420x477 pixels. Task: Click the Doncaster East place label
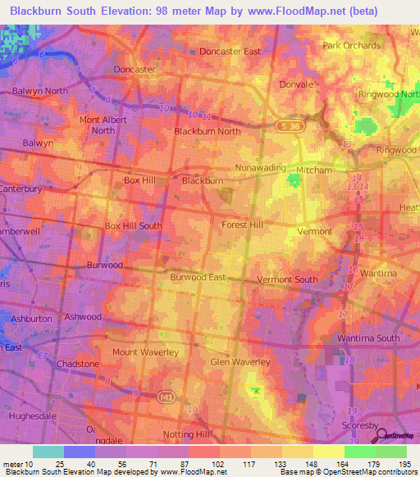[x=230, y=52]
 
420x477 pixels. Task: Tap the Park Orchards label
[x=354, y=46]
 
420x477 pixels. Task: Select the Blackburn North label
[x=208, y=131]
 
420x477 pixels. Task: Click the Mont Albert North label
[x=103, y=125]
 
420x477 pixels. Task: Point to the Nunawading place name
[x=259, y=167]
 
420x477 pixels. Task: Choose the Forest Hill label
[x=242, y=224]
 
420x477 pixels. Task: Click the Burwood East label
[x=198, y=278]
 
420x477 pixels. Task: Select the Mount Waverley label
[x=145, y=352]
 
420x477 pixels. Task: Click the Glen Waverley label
[x=240, y=362]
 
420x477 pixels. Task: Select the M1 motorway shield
[x=167, y=397]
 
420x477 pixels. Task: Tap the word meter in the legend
[x=12, y=465]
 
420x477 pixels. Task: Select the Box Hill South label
[x=133, y=225]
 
